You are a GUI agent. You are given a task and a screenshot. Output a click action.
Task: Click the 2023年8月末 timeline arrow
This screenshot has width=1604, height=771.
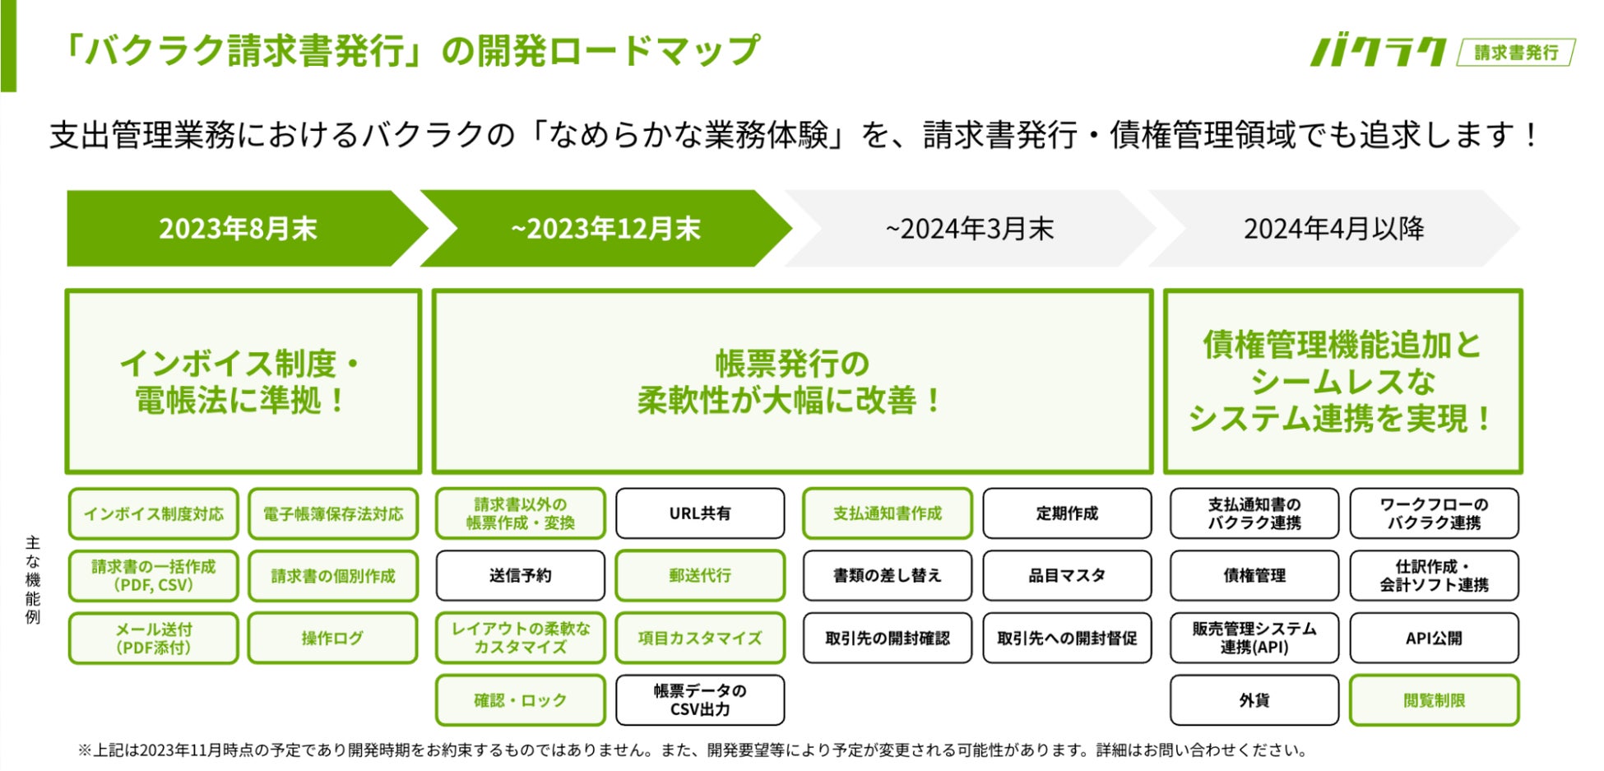pyautogui.click(x=239, y=229)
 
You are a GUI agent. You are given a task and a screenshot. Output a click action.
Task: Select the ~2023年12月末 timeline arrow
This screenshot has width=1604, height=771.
pyautogui.click(x=605, y=229)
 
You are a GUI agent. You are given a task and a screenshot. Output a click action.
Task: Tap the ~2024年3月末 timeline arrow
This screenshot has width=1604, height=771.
pyautogui.click(x=969, y=229)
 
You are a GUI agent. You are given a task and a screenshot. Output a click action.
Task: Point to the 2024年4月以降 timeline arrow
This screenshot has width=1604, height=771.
pyautogui.click(x=1333, y=229)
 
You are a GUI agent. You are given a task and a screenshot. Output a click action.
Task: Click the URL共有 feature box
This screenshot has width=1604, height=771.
pyautogui.click(x=700, y=513)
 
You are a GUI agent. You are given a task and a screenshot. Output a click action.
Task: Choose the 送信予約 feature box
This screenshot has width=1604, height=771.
pyautogui.click(x=520, y=576)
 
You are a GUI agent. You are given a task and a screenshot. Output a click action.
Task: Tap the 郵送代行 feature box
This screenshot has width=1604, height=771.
pyautogui.click(x=700, y=576)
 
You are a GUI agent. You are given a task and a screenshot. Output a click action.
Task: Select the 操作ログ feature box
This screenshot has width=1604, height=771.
pyautogui.click(x=332, y=638)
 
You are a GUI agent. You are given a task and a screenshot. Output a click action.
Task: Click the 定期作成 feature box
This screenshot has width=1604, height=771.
pyautogui.click(x=1067, y=513)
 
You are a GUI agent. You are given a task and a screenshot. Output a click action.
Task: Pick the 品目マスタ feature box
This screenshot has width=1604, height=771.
pyautogui.click(x=1067, y=576)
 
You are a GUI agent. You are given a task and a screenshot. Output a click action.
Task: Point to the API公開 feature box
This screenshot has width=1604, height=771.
pyautogui.click(x=1434, y=638)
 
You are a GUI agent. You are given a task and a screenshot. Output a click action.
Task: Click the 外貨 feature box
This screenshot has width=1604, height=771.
pyautogui.click(x=1254, y=700)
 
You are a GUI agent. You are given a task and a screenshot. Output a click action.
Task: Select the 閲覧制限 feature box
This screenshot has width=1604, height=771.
pyautogui.click(x=1434, y=700)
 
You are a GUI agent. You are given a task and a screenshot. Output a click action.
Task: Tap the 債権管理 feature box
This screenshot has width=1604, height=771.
pyautogui.click(x=1254, y=576)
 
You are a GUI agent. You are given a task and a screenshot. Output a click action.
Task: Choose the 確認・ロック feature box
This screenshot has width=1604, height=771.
pyautogui.click(x=520, y=700)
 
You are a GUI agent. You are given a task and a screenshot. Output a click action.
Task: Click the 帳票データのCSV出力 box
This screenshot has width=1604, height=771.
pyautogui.click(x=700, y=700)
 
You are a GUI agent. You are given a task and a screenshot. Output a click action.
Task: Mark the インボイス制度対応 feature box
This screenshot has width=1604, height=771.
pyautogui.click(x=154, y=513)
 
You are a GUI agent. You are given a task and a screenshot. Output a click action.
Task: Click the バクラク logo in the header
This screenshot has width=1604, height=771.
pyautogui.click(x=1378, y=52)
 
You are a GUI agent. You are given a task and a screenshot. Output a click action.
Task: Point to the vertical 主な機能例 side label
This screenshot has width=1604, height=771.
pyautogui.click(x=33, y=579)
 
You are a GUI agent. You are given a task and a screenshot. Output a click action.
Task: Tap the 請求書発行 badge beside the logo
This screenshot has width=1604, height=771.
pyautogui.click(x=1515, y=53)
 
